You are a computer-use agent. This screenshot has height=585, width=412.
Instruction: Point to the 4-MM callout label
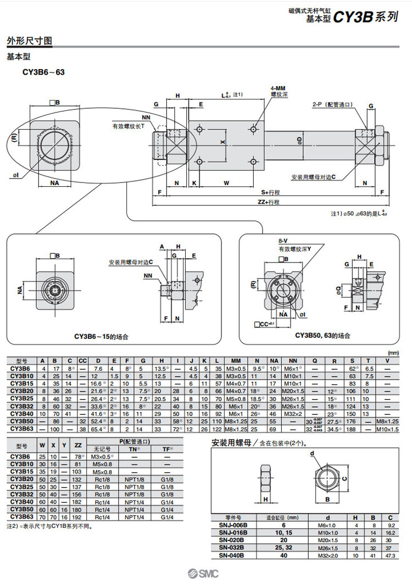click(x=278, y=88)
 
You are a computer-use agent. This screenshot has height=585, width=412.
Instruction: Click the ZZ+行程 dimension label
click(x=268, y=202)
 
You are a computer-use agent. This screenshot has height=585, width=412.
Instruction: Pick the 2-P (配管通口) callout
click(x=332, y=104)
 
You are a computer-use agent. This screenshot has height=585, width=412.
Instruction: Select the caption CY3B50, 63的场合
click(x=322, y=336)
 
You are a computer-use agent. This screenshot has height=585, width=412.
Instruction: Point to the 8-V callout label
click(x=282, y=241)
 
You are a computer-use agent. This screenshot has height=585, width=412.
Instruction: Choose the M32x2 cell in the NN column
click(x=293, y=413)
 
